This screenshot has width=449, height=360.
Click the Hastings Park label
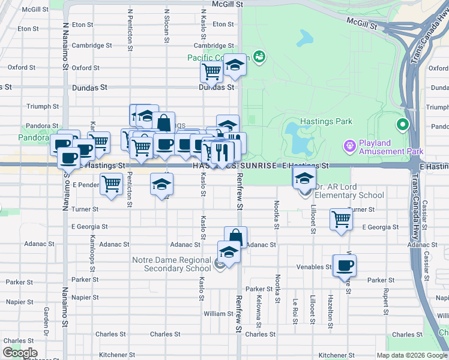coord(327,121)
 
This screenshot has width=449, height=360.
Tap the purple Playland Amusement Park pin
coord(349,145)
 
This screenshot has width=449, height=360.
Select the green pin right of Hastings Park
coord(402,125)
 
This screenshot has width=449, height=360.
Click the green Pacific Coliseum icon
coord(259,57)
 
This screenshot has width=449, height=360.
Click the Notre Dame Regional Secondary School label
coord(173,264)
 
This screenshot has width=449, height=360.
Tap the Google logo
coord(20,353)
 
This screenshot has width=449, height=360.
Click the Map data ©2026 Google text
coord(411,355)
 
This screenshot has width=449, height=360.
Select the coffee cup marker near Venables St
coord(345,266)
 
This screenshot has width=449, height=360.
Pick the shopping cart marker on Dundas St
coord(212,72)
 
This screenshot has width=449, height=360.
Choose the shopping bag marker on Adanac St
coord(235,236)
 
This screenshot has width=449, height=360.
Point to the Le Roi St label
coord(295,310)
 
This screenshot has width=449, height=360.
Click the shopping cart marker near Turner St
coord(341,219)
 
